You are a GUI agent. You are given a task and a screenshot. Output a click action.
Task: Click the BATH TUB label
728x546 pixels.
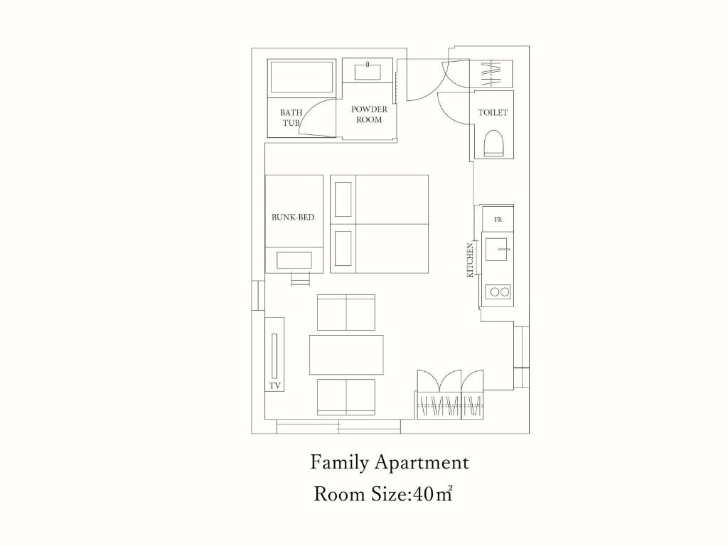291,118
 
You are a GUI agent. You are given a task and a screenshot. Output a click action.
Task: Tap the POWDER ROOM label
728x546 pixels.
369,114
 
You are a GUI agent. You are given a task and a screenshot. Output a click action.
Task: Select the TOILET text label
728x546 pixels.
493,112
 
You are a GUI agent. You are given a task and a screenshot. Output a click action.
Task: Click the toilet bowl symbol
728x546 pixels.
493,143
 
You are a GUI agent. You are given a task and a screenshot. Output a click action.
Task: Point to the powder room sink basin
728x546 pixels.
368,72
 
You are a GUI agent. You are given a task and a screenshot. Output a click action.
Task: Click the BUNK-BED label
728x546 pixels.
293,217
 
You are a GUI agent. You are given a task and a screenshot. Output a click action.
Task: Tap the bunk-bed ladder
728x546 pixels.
300,279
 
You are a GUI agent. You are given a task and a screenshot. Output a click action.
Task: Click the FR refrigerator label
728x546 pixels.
498,219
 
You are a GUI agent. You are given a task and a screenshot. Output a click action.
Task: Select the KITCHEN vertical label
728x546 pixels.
471,260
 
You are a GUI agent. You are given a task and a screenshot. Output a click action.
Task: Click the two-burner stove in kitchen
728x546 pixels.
498,292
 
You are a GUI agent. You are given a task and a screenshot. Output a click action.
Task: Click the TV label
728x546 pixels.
275,385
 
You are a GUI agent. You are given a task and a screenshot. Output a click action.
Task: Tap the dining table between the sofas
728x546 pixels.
346,355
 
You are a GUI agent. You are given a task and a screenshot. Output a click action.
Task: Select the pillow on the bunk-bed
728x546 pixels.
294,260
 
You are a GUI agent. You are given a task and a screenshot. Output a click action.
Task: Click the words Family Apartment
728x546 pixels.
390,462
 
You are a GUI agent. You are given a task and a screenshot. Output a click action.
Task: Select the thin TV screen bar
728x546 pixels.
274,356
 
